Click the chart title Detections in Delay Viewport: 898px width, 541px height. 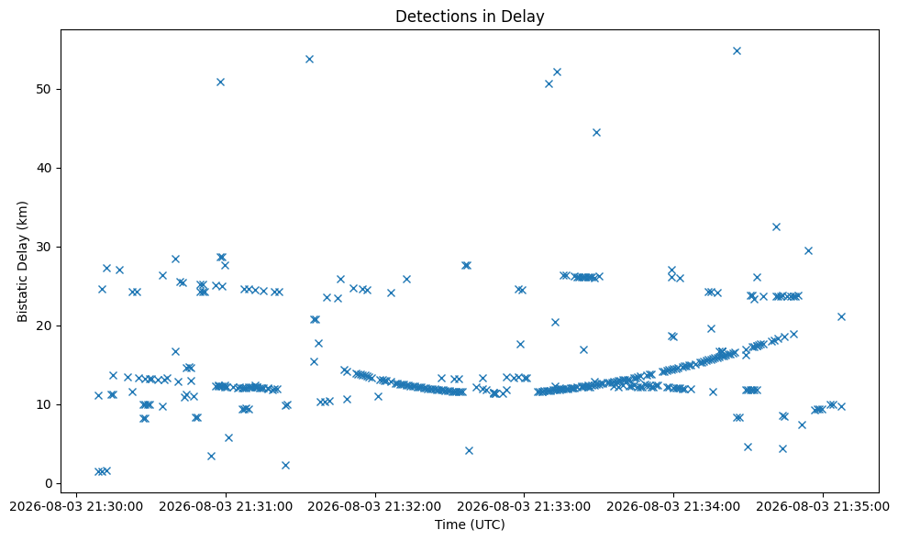470,16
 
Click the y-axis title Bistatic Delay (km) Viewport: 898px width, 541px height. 22,261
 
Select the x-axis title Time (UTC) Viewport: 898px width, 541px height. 470,524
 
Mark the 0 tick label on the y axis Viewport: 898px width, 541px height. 49,484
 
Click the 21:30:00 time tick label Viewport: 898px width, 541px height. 77,507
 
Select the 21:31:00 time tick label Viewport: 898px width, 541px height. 226,507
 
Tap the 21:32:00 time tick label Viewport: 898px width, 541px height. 375,507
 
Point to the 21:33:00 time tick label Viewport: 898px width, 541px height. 524,507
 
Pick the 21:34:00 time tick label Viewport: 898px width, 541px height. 673,507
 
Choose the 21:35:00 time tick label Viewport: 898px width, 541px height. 823,507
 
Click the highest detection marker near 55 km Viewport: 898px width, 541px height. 737,51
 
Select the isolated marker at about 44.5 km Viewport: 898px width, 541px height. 596,133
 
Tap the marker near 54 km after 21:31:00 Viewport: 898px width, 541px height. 309,59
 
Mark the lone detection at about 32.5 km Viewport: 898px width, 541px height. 776,227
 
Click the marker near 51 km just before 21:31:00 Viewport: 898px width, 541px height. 220,82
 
